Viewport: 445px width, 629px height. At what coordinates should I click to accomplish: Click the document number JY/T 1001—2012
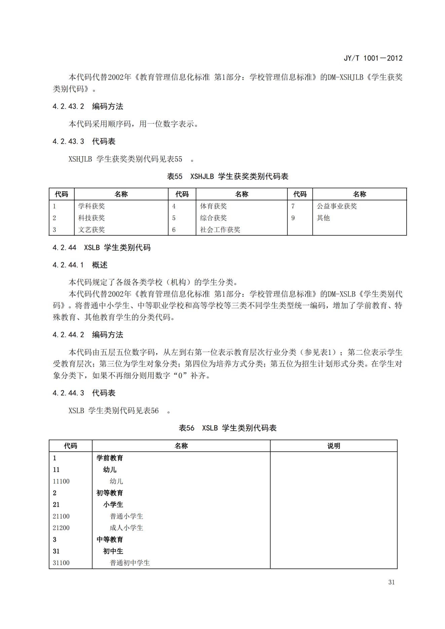tap(373, 58)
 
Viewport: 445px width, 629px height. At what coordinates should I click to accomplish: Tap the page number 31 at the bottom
tap(391, 582)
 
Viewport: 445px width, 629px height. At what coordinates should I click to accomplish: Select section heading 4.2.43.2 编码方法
tap(88, 107)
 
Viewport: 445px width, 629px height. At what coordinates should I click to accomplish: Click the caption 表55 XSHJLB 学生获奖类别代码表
tap(227, 176)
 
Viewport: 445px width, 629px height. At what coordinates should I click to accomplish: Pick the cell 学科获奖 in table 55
tap(91, 206)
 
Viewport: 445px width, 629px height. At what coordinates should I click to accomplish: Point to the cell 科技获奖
tap(91, 218)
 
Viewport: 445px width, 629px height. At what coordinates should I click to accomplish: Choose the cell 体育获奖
tap(213, 206)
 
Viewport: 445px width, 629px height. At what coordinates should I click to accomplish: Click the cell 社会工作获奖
tap(220, 230)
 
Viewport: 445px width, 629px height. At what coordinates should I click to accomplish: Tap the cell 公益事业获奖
tap(336, 206)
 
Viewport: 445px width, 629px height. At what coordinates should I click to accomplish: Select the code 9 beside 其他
tap(293, 218)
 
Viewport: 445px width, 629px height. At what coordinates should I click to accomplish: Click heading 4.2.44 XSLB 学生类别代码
tap(102, 248)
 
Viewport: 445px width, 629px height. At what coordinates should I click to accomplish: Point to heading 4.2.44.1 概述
tap(80, 265)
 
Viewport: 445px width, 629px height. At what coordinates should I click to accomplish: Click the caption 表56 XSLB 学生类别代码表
tap(227, 428)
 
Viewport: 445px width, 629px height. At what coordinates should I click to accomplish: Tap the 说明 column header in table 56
tap(334, 446)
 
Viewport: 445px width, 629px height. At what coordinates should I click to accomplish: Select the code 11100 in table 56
tap(61, 481)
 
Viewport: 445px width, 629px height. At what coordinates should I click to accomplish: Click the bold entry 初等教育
tap(110, 493)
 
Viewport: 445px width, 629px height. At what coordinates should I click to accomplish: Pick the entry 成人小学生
tap(126, 528)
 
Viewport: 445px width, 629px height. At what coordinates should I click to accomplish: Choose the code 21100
tap(61, 516)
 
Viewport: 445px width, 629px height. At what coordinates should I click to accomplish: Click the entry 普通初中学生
tap(129, 563)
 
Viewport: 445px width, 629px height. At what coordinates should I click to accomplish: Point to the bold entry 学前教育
tap(110, 458)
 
